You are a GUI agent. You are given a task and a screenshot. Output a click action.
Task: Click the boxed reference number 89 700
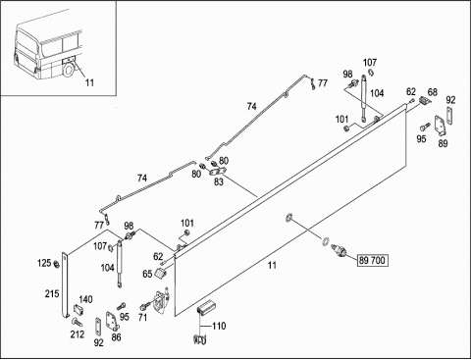[373, 260]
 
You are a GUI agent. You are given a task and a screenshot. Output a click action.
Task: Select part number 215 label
[52, 293]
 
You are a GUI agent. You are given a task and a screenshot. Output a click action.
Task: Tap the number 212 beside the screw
[78, 334]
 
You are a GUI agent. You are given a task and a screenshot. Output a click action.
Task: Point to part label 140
[85, 299]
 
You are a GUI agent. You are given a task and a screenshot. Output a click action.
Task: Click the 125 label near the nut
[44, 263]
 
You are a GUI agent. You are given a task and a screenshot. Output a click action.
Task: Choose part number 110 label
[219, 326]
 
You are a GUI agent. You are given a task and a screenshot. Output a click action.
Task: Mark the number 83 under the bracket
[219, 181]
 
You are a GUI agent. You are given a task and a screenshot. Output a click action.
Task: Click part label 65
[147, 274]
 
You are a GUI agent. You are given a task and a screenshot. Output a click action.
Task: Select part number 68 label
[433, 92]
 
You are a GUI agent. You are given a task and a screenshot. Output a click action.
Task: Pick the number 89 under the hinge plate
[443, 143]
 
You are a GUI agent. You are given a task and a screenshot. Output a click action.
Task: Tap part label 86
[117, 337]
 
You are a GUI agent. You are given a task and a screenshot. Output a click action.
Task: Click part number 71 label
[142, 317]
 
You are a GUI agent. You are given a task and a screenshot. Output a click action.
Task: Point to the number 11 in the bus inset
[89, 82]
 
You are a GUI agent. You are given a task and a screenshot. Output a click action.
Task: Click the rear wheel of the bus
[69, 70]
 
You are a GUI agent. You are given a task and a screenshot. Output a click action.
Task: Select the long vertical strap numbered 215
[65, 285]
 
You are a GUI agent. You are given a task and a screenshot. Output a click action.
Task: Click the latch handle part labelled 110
[205, 307]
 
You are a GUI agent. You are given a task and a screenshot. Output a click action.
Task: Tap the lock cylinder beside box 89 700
[338, 250]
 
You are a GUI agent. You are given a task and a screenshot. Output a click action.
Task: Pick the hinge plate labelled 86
[111, 322]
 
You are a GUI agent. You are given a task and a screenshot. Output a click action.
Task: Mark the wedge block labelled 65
[160, 274]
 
